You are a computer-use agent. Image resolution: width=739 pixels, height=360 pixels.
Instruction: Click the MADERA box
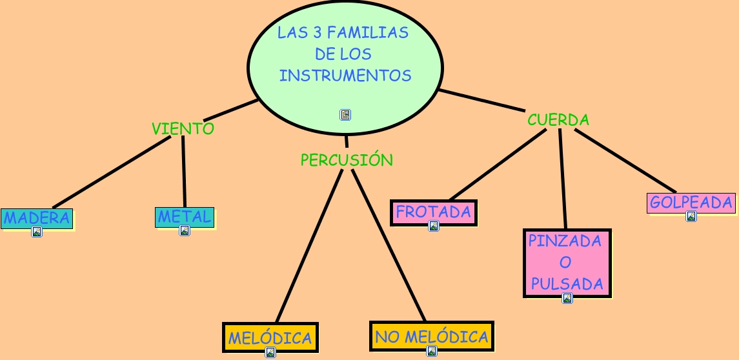coord(36,217)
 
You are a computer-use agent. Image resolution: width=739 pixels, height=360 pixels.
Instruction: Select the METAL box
coord(185,216)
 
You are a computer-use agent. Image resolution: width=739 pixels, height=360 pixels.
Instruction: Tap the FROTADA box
coord(434,211)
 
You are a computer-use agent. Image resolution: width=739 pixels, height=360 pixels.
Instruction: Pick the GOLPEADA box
coord(691,202)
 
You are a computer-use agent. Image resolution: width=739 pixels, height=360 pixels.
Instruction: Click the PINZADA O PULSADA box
coord(567,263)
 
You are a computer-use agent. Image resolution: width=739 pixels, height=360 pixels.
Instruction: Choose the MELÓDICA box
coord(270,337)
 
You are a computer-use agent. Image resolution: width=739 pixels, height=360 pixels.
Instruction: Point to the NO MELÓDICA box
coord(432,335)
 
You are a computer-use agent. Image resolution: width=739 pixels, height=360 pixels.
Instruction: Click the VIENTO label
coord(183,128)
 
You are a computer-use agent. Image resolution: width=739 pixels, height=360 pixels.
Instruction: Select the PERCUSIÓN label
coord(347,160)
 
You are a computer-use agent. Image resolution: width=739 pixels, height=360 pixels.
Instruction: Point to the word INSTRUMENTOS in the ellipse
coord(345,75)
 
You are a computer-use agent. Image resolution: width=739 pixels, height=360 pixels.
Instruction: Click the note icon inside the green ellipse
coord(345,115)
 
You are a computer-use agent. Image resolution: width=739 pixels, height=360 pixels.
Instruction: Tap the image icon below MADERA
coord(37,232)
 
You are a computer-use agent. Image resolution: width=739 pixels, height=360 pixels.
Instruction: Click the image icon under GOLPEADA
coord(691,216)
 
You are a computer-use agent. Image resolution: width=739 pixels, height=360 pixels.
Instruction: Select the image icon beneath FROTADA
coord(434,226)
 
